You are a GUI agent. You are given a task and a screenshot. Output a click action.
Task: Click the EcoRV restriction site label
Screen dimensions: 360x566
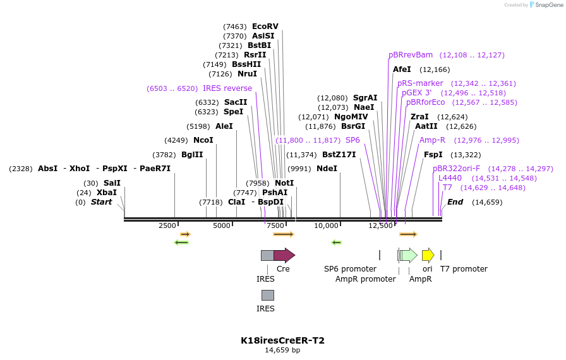tap(265, 27)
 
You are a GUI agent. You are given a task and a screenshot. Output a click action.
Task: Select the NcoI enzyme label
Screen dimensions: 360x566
tap(203, 140)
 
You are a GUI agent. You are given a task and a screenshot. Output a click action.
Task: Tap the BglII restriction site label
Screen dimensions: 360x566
tap(192, 155)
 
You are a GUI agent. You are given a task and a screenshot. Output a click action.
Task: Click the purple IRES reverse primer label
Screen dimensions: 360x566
tap(227, 88)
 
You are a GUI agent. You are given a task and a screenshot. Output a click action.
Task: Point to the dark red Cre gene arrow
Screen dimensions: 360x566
tap(284, 255)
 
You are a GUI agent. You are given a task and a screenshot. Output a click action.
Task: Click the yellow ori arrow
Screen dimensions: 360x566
tap(428, 255)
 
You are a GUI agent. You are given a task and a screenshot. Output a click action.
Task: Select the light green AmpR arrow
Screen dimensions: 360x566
tap(409, 255)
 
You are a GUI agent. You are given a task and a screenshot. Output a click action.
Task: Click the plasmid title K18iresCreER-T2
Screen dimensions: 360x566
tap(282, 340)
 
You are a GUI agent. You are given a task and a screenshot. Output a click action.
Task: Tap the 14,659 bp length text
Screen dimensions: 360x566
tap(282, 351)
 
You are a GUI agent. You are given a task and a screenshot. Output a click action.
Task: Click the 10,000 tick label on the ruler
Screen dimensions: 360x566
tap(327, 225)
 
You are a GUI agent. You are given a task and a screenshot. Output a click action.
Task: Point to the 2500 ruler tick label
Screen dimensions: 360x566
tap(167, 225)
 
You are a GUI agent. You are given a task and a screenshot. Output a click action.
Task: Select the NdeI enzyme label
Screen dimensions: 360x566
tap(327, 169)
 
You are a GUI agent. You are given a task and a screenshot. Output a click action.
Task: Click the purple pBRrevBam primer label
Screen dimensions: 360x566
tap(411, 55)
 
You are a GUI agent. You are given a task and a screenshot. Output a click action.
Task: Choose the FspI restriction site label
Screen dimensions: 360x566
tap(433, 155)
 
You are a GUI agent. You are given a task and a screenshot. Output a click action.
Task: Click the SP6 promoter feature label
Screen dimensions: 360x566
tap(350, 269)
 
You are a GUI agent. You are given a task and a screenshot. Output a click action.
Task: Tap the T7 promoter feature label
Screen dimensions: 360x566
tap(464, 269)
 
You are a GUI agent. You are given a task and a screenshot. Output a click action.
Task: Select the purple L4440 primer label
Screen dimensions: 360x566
tap(450, 178)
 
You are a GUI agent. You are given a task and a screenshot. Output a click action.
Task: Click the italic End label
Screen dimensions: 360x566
tap(455, 202)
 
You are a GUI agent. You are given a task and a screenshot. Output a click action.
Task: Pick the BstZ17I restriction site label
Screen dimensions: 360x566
tap(339, 155)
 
